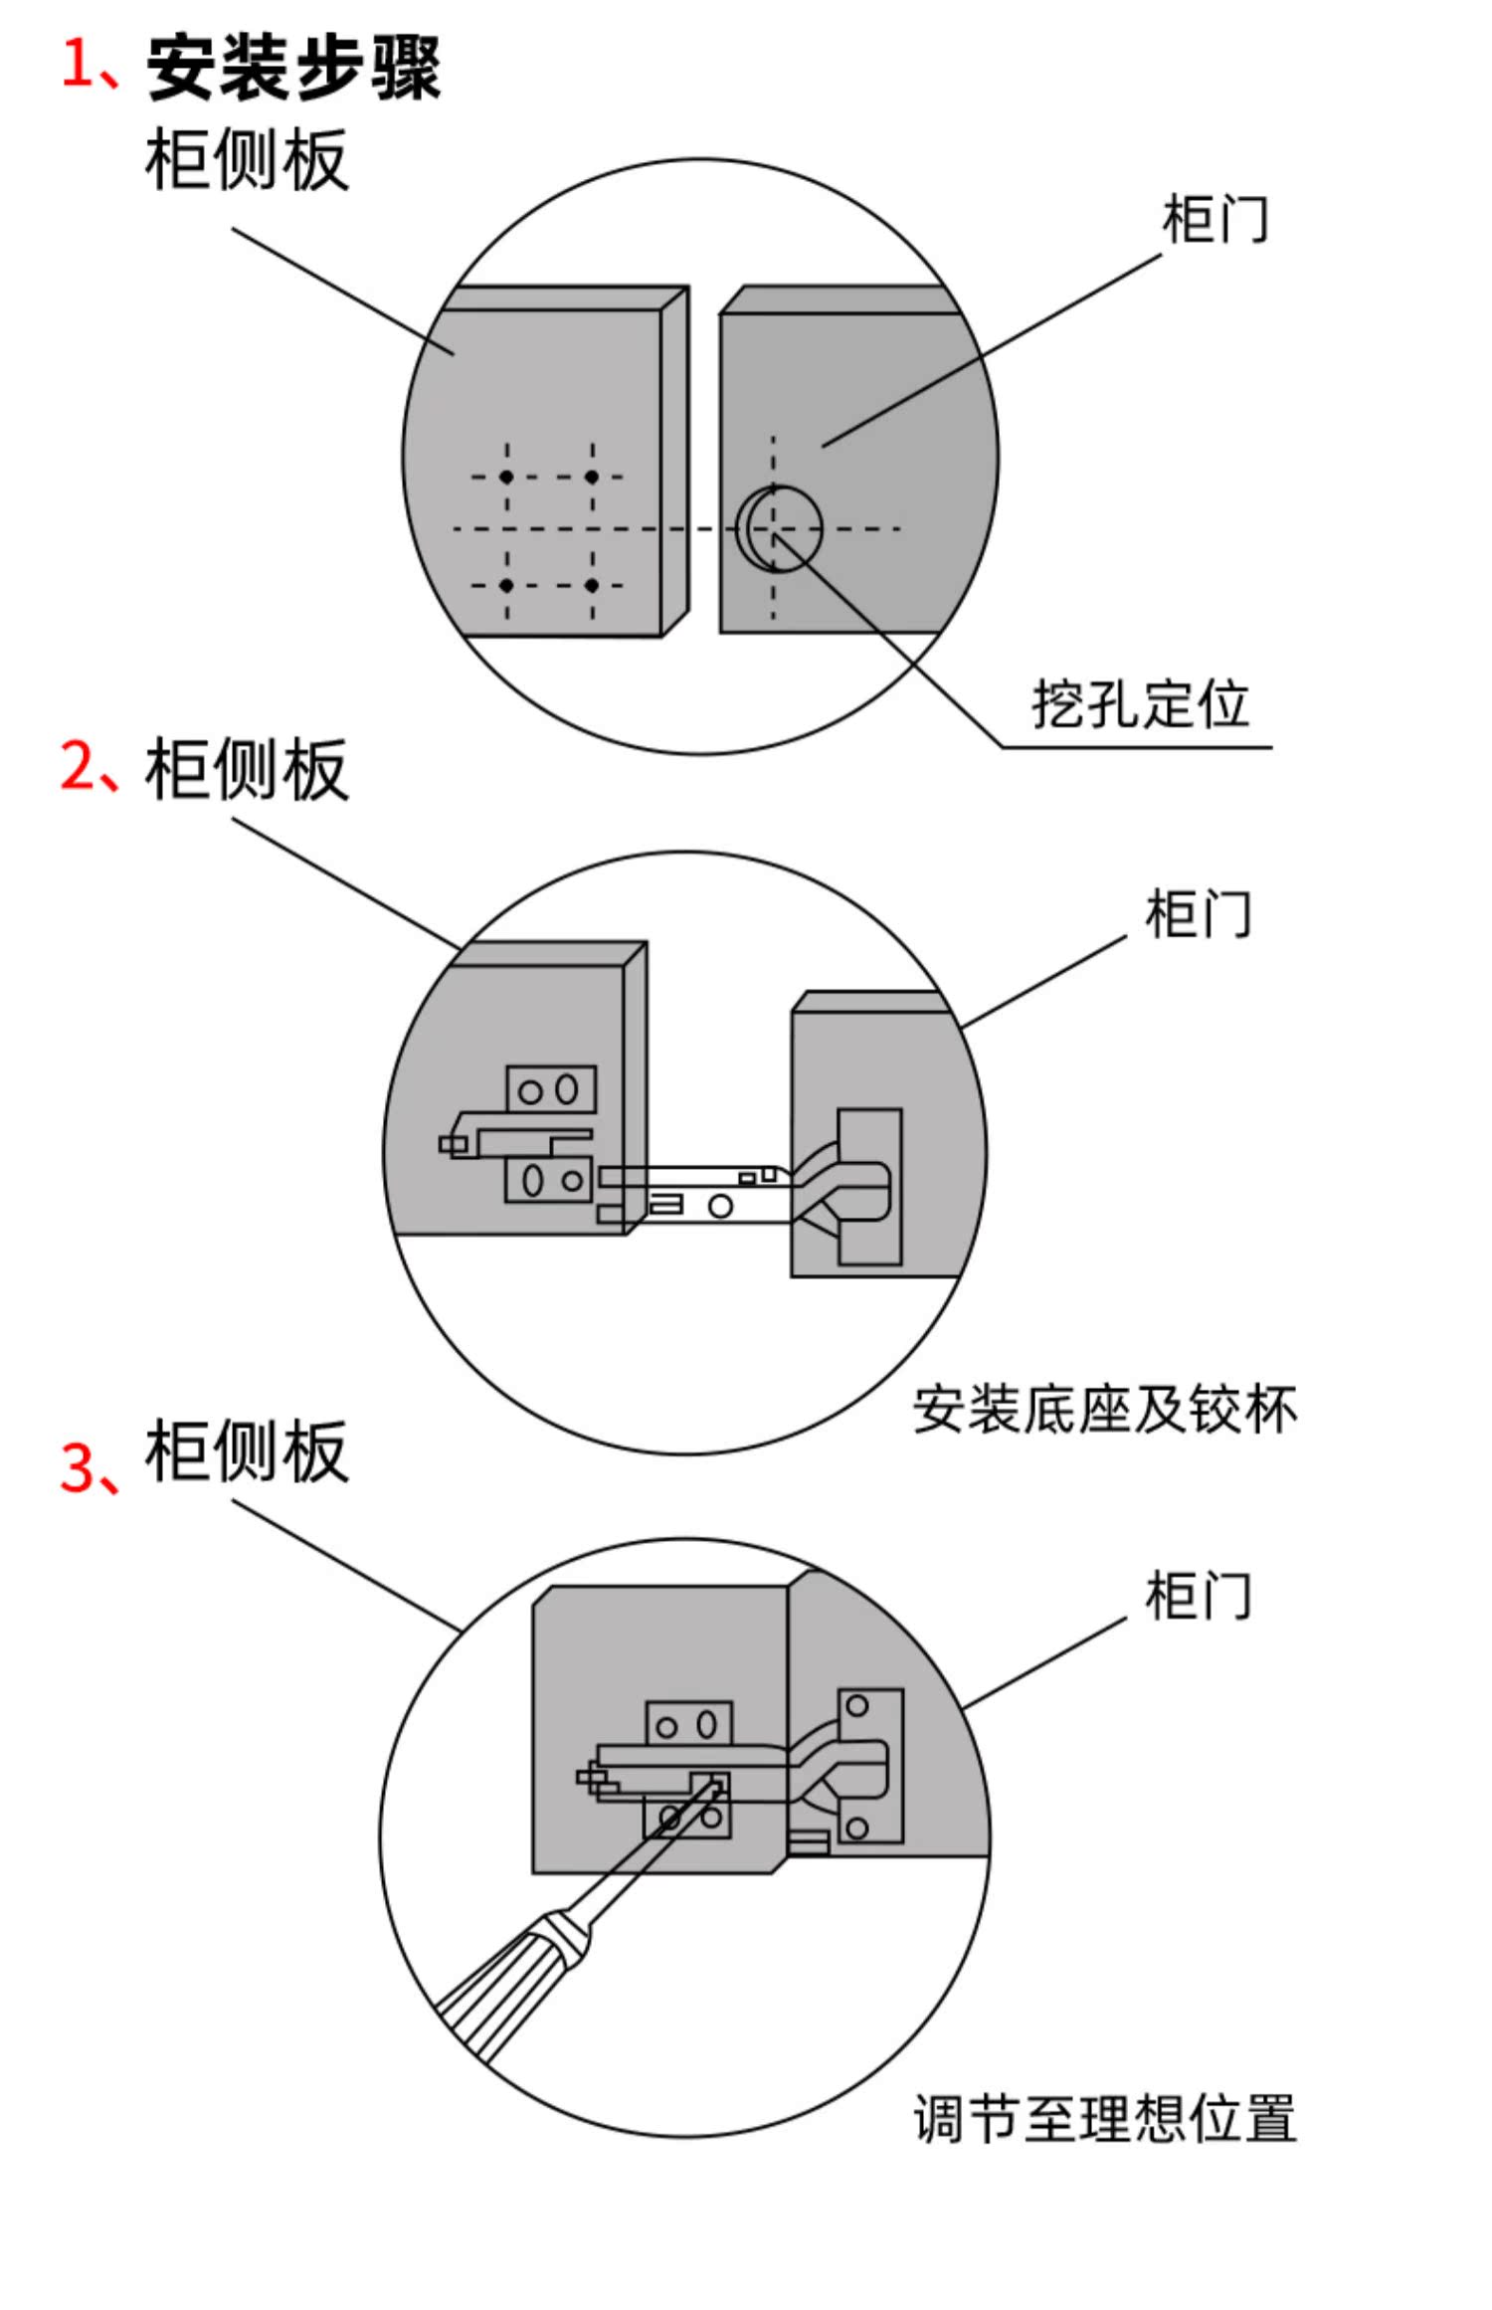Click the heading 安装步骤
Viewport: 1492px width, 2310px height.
293,68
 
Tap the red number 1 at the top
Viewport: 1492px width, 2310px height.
78,64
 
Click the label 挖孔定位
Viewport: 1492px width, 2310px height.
1140,704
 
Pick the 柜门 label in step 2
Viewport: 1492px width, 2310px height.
1199,913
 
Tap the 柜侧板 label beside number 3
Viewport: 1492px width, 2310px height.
247,1451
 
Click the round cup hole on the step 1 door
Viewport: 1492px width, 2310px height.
780,528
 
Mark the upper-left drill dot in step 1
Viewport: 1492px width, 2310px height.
506,478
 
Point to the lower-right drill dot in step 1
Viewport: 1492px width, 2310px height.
592,585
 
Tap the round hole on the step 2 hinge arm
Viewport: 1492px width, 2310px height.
720,1207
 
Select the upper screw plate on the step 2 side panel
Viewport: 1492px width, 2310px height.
551,1089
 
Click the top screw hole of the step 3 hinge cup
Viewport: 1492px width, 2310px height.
857,1706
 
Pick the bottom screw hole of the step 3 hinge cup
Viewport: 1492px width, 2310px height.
857,1827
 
